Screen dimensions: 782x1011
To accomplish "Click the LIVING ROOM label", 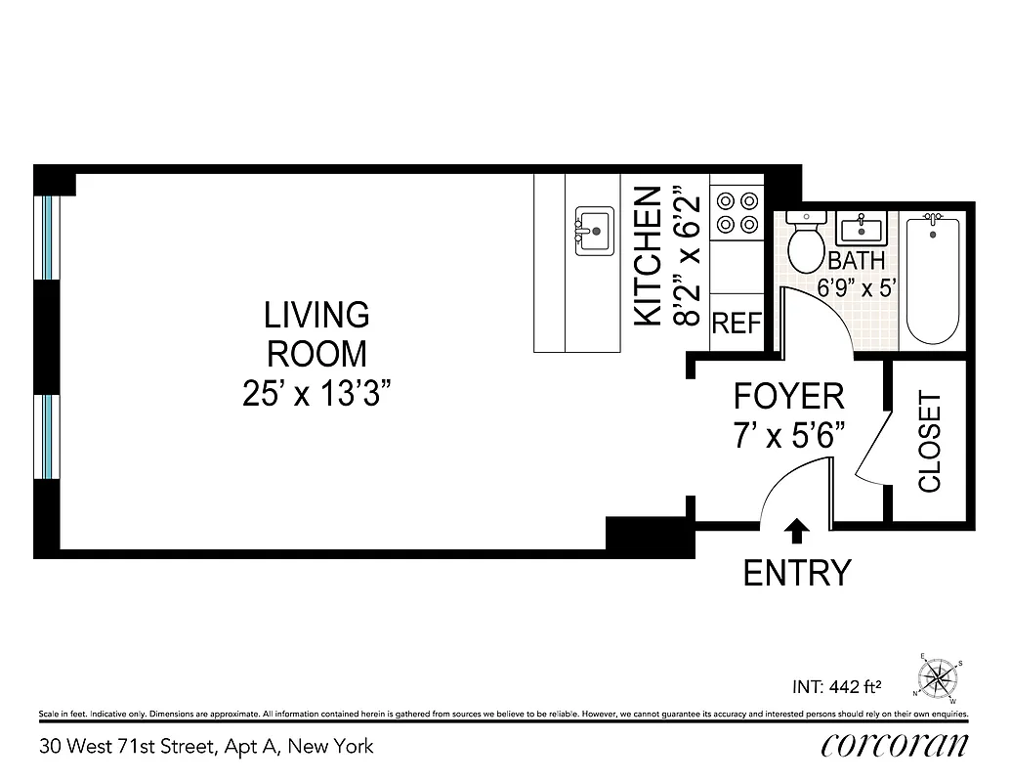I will tap(317, 333).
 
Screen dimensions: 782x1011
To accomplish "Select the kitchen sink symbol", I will tap(594, 231).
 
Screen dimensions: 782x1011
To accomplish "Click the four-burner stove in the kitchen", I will tap(737, 212).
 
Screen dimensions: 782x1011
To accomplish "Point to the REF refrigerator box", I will tap(736, 324).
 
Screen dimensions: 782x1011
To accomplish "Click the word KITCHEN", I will tap(650, 256).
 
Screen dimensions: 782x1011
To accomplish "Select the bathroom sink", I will tap(861, 230).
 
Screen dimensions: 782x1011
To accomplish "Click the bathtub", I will tap(933, 280).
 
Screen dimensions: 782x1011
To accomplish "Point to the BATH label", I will tap(856, 261).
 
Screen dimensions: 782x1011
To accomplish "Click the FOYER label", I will tap(788, 397).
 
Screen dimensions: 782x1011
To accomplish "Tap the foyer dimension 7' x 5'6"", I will tap(788, 434).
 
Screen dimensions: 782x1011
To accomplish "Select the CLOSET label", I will tap(929, 442).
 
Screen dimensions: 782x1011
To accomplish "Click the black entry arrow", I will tap(797, 531).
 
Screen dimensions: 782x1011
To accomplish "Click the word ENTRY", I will tap(796, 573).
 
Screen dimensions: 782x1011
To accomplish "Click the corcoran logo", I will tap(895, 746).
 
